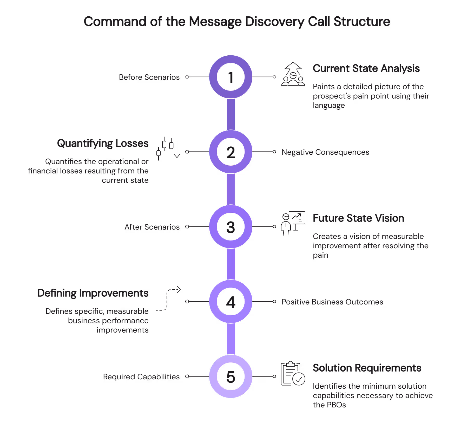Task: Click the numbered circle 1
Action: click(x=231, y=77)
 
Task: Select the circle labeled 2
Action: click(x=231, y=152)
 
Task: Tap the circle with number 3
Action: click(x=231, y=227)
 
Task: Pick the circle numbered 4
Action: click(x=231, y=302)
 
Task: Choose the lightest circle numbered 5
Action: click(x=231, y=376)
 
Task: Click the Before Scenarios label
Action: click(x=149, y=77)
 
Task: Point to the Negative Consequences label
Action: click(x=325, y=152)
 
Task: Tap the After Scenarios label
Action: click(x=152, y=227)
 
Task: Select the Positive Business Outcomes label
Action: click(x=332, y=302)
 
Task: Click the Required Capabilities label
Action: click(x=141, y=377)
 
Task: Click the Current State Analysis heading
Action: click(x=366, y=68)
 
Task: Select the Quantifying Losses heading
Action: click(x=103, y=143)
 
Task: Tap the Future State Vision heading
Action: click(x=358, y=218)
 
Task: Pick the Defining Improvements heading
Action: click(x=93, y=293)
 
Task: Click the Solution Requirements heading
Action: click(x=367, y=368)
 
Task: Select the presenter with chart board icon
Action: click(x=293, y=223)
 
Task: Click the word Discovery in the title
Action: click(x=274, y=21)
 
